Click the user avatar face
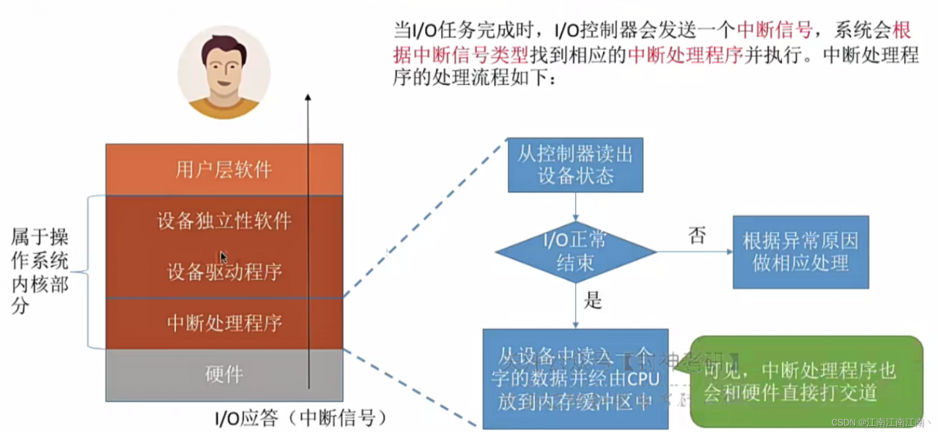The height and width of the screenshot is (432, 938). click(224, 70)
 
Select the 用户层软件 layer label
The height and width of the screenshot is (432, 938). click(224, 170)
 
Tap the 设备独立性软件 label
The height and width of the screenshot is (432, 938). click(224, 220)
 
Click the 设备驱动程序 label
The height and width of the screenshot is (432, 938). click(224, 272)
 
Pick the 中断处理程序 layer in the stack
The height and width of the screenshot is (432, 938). click(224, 323)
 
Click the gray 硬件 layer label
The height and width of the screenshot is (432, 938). click(224, 375)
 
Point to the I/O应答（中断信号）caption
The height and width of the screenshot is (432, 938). click(300, 419)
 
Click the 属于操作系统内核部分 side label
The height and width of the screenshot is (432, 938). click(40, 271)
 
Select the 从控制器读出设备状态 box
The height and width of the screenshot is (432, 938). click(575, 165)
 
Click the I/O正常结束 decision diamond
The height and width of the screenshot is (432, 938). click(575, 253)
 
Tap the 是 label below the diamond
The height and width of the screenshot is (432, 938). click(592, 299)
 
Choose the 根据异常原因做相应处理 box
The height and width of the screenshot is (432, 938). click(800, 252)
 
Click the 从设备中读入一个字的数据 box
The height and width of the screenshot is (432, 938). click(575, 378)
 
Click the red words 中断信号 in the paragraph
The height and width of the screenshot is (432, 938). click(775, 30)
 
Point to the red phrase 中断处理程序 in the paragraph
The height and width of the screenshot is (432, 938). click(686, 56)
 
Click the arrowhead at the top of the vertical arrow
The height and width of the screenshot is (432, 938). click(309, 97)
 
